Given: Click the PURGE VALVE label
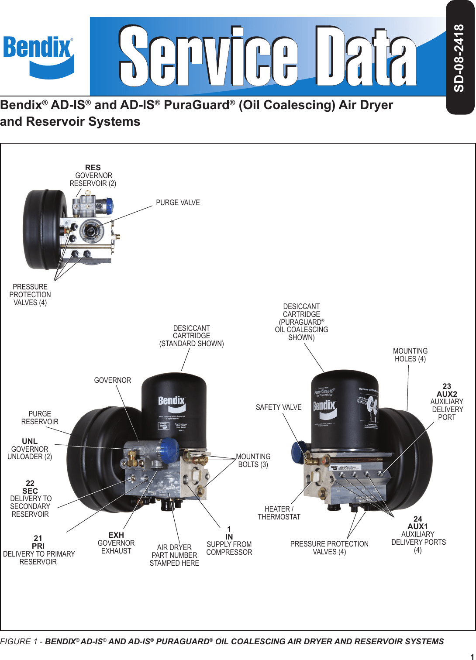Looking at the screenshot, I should click(x=178, y=203).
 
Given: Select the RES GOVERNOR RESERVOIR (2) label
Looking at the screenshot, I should click(x=93, y=175).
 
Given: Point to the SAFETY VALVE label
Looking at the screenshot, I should click(x=279, y=407).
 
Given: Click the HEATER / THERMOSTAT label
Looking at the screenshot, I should click(x=279, y=513).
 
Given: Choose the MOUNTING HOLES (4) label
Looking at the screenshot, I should click(x=410, y=355).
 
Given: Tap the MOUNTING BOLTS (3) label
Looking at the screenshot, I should click(x=253, y=461).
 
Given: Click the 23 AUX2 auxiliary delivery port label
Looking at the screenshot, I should click(x=447, y=402).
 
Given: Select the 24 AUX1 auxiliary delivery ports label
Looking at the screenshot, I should click(x=418, y=534).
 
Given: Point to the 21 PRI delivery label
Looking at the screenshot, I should click(x=39, y=550).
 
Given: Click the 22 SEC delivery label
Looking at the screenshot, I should click(x=31, y=498).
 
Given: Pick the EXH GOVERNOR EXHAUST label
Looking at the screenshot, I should click(x=116, y=543).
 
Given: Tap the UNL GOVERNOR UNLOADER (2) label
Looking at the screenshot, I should click(x=30, y=449).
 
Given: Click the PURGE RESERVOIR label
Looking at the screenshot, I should click(x=40, y=418).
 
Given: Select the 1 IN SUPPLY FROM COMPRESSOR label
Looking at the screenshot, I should click(x=229, y=541).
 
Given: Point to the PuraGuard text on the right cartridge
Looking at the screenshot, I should click(x=324, y=392).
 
